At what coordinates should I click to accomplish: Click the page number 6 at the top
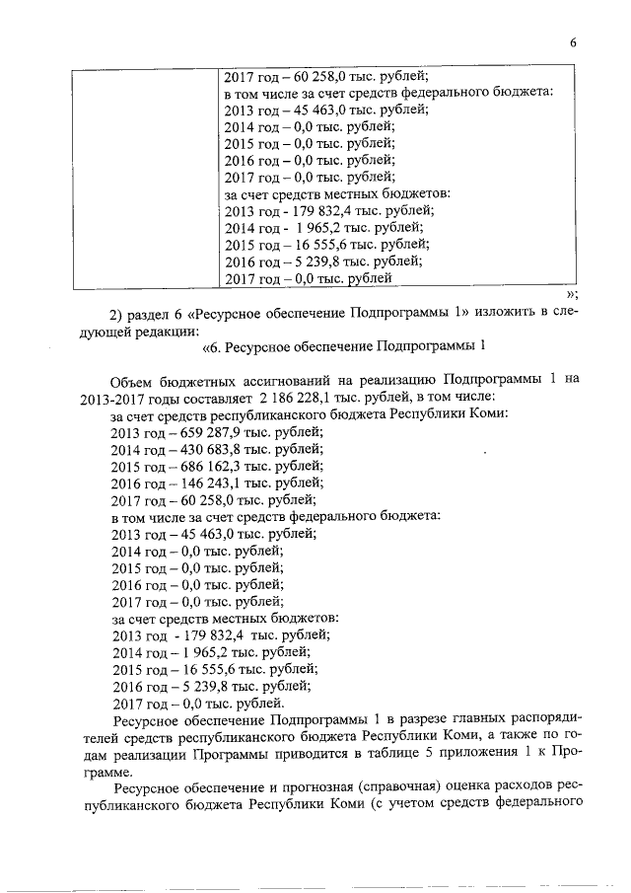[572, 41]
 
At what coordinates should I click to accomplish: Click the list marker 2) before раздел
[115, 313]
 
